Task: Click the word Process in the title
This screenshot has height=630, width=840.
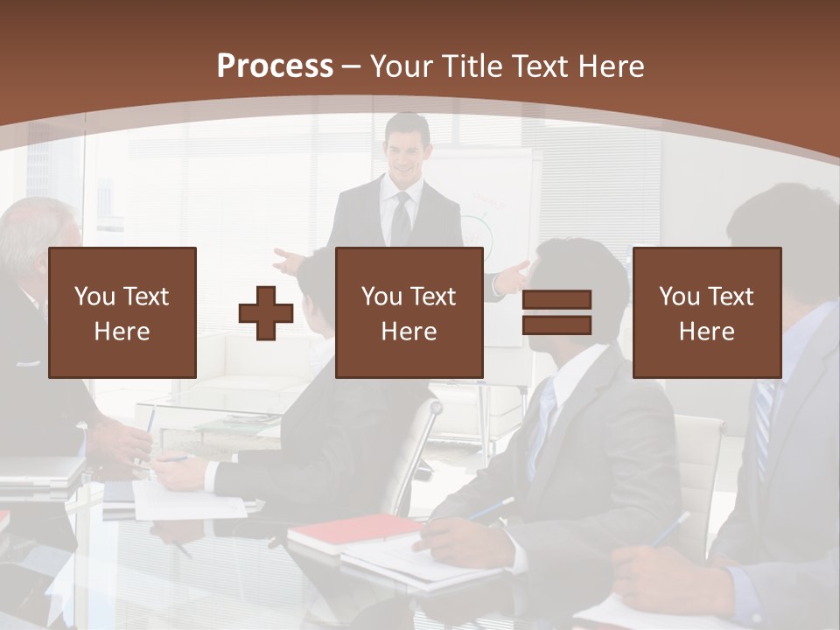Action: tap(275, 66)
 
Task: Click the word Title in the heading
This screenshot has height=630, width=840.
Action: tap(470, 66)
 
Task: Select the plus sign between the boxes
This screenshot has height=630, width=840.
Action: tap(266, 312)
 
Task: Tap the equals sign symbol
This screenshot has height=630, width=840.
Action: tap(556, 312)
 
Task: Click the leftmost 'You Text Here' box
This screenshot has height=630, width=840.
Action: tap(122, 312)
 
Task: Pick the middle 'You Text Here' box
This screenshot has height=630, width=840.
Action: tap(409, 312)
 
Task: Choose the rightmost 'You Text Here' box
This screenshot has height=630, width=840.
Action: tap(707, 312)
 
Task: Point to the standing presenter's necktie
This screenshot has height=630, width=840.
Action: tap(401, 219)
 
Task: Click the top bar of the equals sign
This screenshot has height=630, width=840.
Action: tap(556, 299)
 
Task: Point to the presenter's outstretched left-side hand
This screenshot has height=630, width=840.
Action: tap(285, 260)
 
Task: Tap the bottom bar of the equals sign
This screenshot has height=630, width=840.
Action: tap(556, 325)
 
